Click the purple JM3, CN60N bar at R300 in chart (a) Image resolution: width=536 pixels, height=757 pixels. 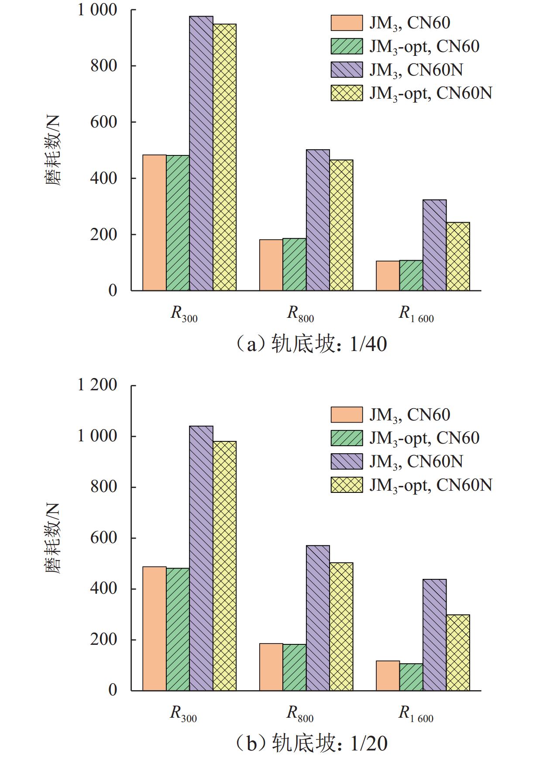coord(201,153)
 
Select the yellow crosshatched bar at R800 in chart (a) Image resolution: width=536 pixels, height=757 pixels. coord(341,225)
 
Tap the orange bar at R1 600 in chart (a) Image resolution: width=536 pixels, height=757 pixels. coord(388,276)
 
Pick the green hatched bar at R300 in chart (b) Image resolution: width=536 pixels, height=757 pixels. coord(178,629)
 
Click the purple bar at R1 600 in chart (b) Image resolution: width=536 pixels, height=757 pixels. coord(434,635)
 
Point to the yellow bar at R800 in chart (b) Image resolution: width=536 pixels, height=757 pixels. coord(341,626)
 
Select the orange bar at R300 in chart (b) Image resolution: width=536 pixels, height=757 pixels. coord(155,629)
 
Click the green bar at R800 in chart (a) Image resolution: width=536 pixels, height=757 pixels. coord(295,265)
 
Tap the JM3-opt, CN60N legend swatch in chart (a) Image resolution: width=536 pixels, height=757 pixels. coord(347,93)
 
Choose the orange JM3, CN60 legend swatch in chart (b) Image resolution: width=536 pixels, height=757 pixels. coord(347,415)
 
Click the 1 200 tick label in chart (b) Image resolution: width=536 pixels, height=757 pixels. coord(97,385)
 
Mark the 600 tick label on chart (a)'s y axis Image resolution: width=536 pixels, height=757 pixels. coord(104,122)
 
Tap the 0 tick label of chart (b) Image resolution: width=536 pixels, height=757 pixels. coord(113,690)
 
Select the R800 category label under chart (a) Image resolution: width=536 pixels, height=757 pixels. coord(300,314)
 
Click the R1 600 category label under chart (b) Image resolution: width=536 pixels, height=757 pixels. coord(416,714)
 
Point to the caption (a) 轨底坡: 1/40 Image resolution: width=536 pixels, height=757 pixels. coord(311,344)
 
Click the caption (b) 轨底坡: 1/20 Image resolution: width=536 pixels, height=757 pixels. coord(311,743)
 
